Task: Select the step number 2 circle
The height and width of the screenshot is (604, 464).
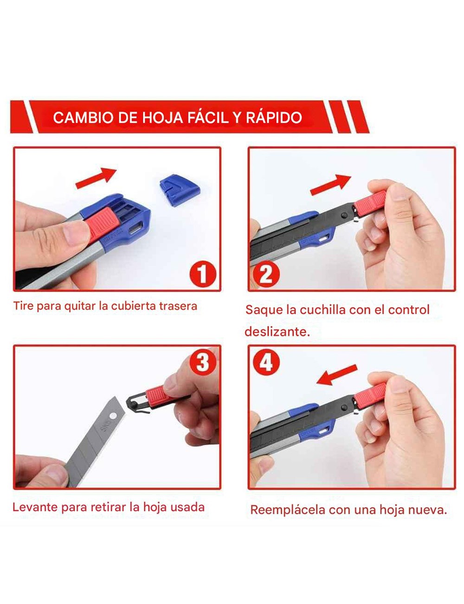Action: coord(266,275)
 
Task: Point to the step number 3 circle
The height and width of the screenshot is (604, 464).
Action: coord(203,361)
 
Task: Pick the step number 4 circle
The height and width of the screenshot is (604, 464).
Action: coord(266,361)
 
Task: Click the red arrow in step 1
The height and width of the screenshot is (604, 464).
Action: coord(96,178)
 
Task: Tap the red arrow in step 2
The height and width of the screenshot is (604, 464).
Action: coord(330,184)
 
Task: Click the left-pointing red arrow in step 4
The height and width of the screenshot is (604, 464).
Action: coord(336,375)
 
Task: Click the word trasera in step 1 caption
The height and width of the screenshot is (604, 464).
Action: coord(178,306)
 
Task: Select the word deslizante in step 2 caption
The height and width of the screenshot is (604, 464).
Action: coord(277,332)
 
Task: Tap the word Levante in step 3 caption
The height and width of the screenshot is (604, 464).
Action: coord(35,507)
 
